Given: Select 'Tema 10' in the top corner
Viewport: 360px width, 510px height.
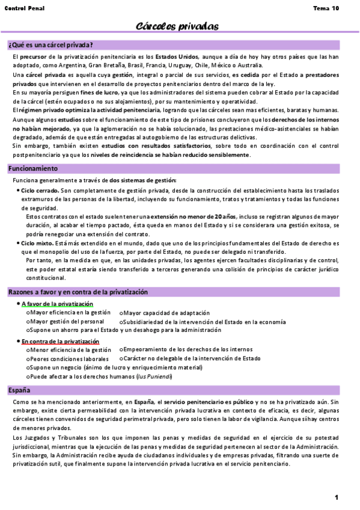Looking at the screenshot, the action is [x=326, y=8].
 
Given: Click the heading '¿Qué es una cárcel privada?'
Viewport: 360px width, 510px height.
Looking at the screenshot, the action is [x=50, y=45].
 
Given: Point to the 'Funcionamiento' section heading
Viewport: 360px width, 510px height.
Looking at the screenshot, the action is [x=33, y=168].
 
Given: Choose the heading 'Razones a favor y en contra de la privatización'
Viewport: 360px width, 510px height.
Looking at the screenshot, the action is [x=78, y=292].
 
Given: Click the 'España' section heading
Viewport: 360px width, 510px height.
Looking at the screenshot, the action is [x=19, y=390].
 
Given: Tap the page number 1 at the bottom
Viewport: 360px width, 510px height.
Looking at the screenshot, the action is [x=337, y=497].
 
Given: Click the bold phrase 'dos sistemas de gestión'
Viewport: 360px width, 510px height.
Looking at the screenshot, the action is [x=142, y=180].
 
